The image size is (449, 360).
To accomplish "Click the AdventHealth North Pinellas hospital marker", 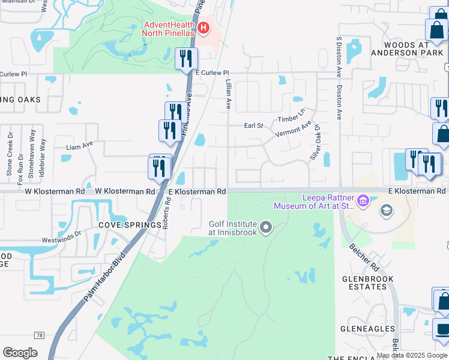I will point(203,28).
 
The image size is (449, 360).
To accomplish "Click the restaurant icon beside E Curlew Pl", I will point(185,59).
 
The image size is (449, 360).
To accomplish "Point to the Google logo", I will point(20,353).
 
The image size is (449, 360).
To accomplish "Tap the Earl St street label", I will point(253,125).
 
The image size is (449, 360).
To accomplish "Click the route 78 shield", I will point(40,334).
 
